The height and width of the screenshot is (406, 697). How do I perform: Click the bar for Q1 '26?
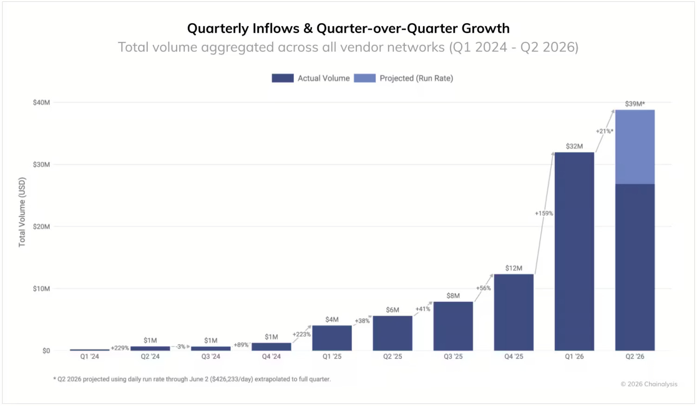[574, 251]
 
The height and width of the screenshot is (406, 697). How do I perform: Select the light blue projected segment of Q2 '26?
[635, 146]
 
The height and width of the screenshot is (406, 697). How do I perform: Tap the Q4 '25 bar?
[514, 312]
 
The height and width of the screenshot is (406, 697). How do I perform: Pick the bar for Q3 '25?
[453, 326]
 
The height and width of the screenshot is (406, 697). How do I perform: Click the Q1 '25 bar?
[332, 338]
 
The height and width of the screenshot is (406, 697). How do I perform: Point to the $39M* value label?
[635, 104]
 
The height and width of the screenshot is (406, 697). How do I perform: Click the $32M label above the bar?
[574, 146]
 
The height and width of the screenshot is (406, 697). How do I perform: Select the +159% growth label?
[544, 213]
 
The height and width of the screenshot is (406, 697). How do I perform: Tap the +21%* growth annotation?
[605, 131]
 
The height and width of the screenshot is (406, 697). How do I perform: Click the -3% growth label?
[180, 346]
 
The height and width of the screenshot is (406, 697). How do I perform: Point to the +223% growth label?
[302, 334]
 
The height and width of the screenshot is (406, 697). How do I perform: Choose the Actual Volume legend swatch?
[283, 78]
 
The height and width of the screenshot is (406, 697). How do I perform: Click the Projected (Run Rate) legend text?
[416, 78]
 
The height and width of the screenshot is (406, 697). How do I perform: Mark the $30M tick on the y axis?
[41, 164]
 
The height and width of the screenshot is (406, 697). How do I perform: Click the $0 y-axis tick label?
[46, 351]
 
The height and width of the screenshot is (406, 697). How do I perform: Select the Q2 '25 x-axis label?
[393, 357]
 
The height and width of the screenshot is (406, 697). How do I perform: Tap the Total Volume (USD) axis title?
[22, 213]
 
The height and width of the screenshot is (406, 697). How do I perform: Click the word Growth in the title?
[486, 28]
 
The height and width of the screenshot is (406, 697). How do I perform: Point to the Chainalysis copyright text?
[649, 384]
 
